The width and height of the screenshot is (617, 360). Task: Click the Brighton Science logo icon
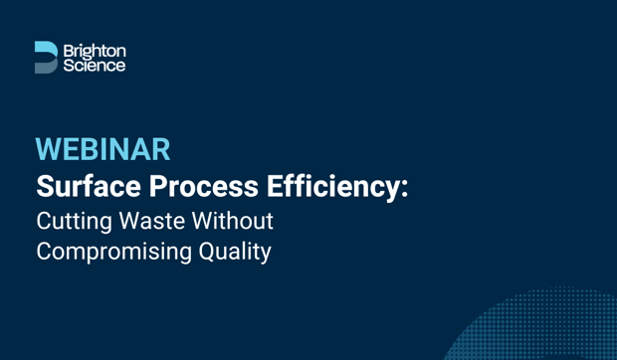46,57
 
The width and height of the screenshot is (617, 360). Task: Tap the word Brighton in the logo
95,49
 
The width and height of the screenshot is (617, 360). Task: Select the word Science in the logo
95,65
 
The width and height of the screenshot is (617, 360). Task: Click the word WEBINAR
103,150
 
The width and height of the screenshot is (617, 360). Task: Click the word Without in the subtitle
238,220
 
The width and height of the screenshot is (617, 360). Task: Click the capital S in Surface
46,186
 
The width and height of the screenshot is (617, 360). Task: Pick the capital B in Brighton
68,49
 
